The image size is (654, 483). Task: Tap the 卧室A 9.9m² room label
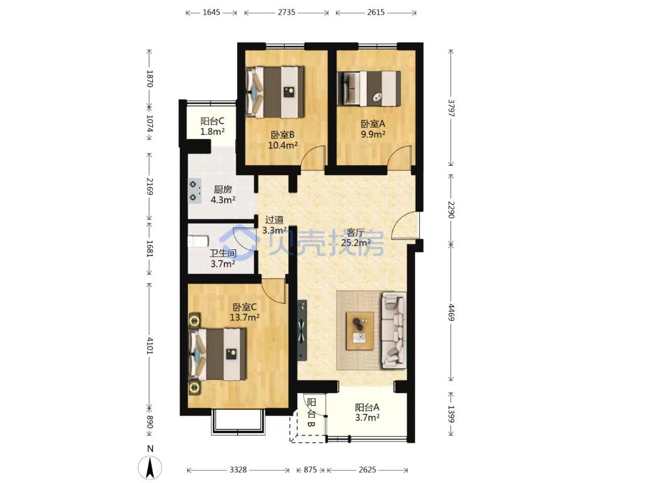[373, 129]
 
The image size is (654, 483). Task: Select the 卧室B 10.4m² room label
[283, 140]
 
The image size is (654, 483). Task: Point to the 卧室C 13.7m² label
[245, 312]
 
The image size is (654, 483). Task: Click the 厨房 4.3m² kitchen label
[223, 195]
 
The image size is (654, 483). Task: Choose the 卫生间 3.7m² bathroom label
[222, 259]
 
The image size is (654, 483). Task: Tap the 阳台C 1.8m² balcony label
[212, 126]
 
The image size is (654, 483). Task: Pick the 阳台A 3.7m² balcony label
[367, 412]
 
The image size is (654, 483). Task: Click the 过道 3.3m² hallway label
[274, 224]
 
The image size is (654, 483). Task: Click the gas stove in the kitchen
[194, 191]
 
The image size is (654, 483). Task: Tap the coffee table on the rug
[360, 330]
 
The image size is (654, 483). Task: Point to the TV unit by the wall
[302, 330]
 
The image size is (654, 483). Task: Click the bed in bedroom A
[369, 88]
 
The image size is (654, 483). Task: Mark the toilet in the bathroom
[197, 241]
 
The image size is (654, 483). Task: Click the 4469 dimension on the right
[451, 312]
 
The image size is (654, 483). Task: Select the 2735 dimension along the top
[286, 13]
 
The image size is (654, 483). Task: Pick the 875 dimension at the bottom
[310, 470]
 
